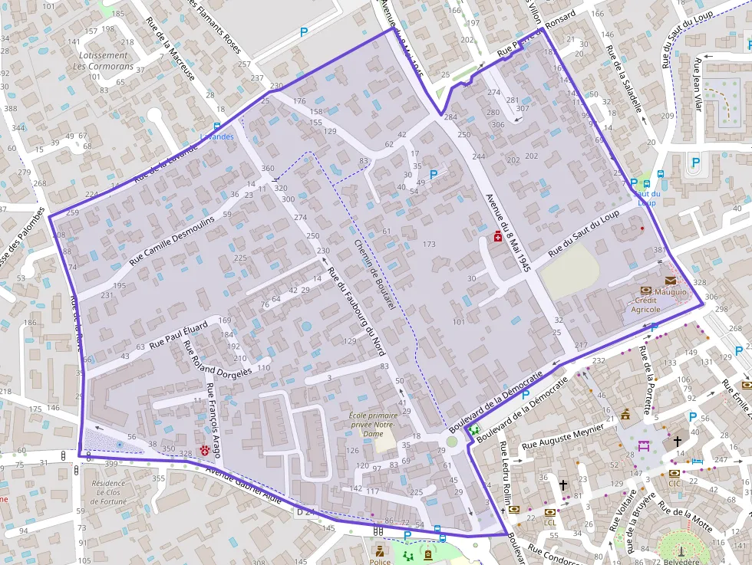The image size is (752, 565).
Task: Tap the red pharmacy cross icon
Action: [x=498, y=239]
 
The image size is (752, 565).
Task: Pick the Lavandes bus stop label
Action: [x=216, y=136]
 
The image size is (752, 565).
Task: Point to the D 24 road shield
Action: [x=305, y=510]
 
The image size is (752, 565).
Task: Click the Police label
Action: [x=381, y=561]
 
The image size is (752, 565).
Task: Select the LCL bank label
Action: [x=549, y=522]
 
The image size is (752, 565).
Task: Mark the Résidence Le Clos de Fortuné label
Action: [x=108, y=492]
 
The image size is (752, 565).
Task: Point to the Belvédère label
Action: [x=682, y=560]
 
